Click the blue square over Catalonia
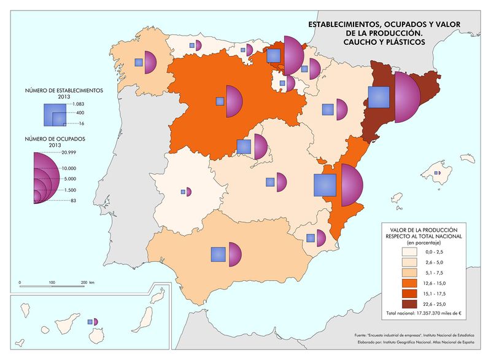(379, 98)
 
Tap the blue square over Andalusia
(218, 254)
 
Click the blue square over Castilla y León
(219, 101)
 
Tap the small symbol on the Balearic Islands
(437, 173)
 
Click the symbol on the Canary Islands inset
(93, 321)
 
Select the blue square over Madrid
(244, 146)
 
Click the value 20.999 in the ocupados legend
(69, 152)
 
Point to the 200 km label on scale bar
(87, 283)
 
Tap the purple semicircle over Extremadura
(189, 192)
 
